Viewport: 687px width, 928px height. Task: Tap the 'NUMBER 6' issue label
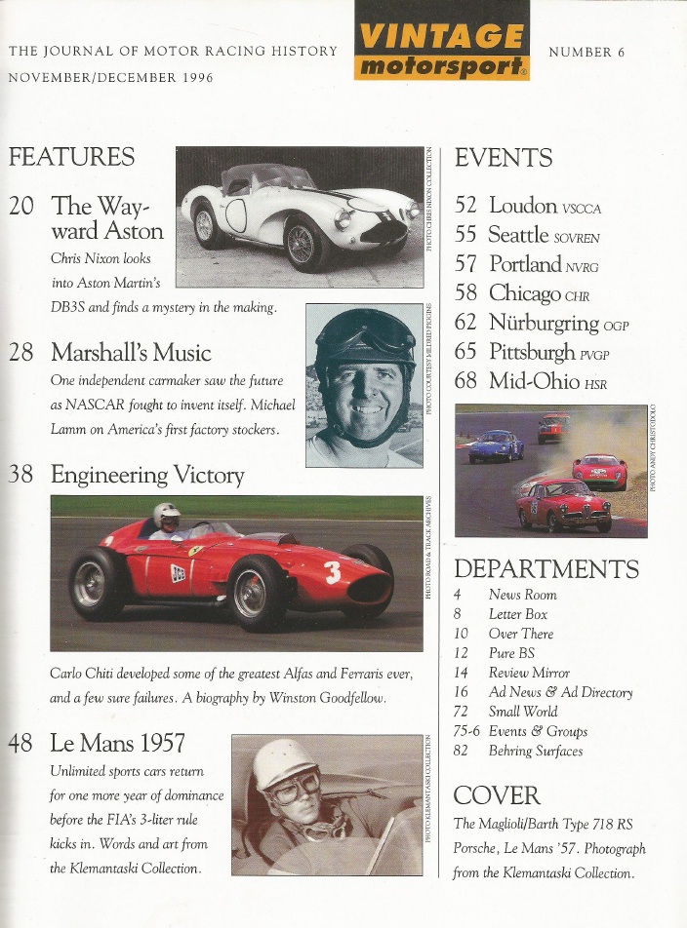click(586, 52)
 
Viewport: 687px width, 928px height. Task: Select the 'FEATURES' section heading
click(71, 157)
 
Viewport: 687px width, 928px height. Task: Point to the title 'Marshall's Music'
click(131, 352)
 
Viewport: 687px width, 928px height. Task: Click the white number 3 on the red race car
click(333, 573)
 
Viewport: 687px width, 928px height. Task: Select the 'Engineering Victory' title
click(147, 475)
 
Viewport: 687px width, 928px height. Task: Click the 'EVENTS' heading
click(504, 158)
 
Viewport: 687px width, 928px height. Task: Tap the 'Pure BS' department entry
click(507, 653)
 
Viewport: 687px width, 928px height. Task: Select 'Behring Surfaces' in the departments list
click(535, 751)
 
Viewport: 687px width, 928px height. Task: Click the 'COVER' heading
click(497, 795)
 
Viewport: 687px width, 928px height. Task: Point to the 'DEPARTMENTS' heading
click(546, 569)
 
